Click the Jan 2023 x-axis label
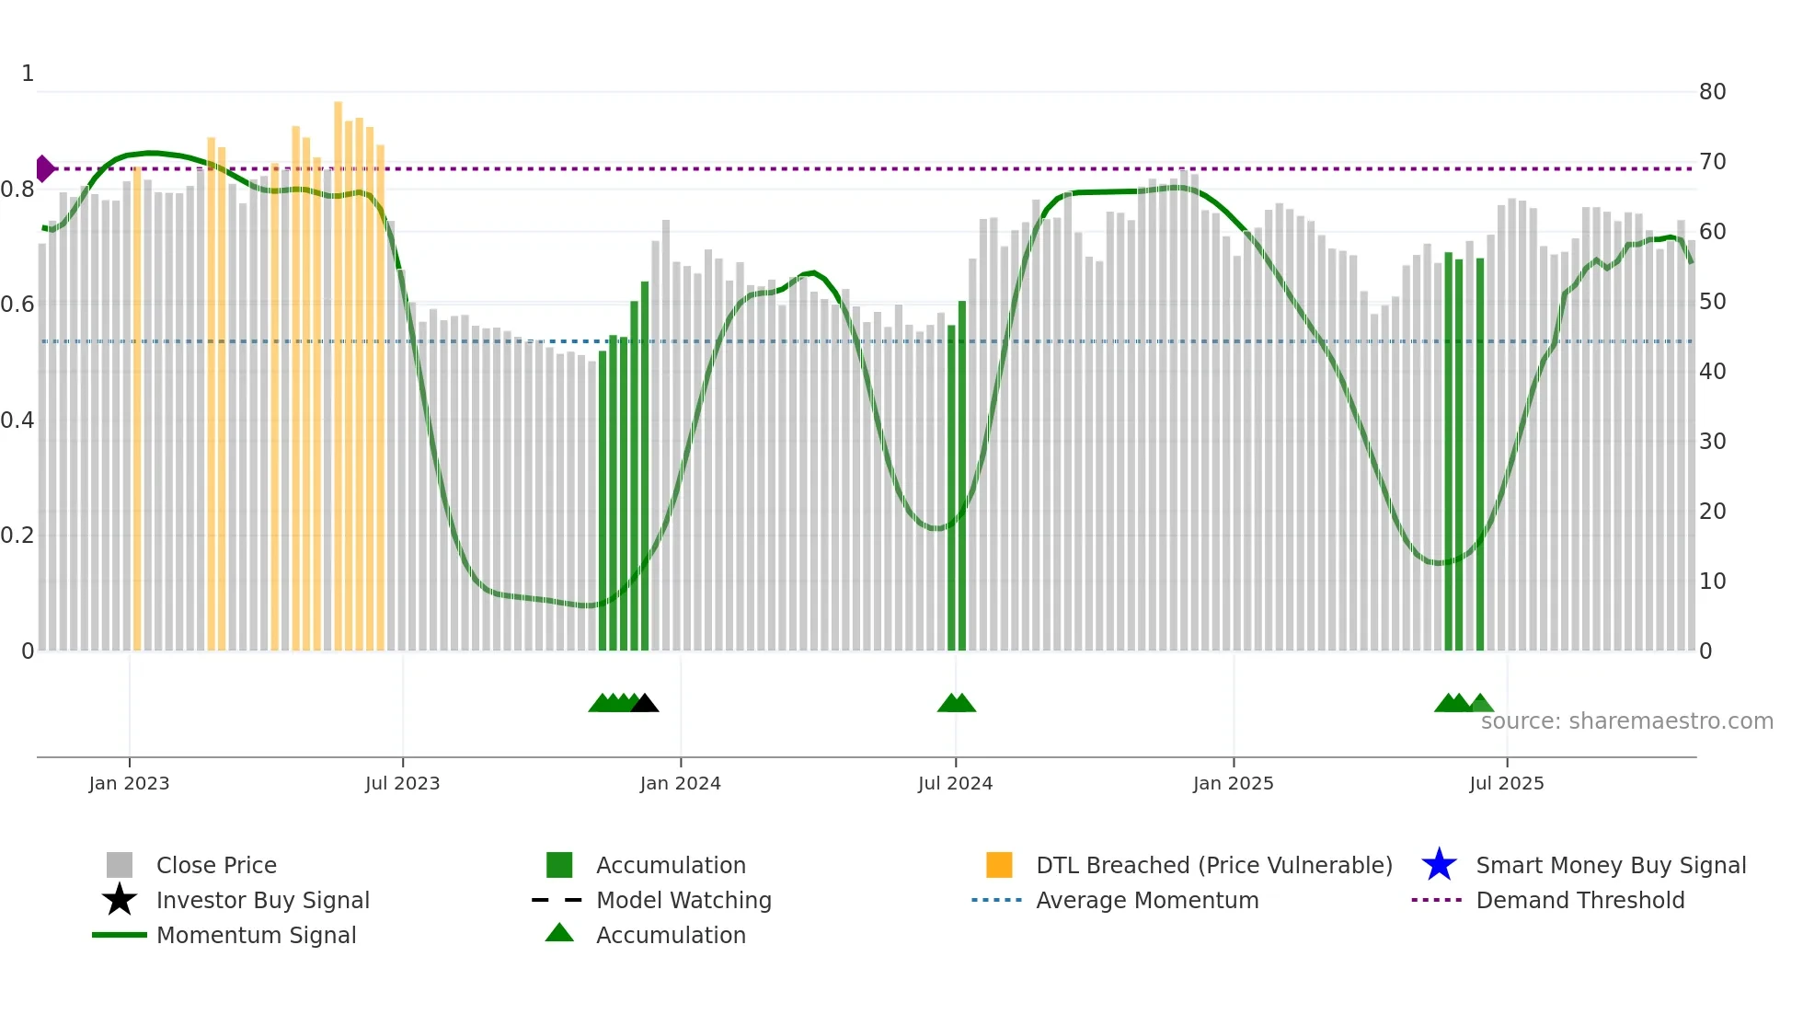tap(129, 783)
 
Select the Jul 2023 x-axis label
tap(402, 783)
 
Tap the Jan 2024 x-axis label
tap(680, 783)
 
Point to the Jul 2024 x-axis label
tap(955, 783)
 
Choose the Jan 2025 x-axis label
tap(1233, 783)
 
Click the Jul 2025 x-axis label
tap(1506, 783)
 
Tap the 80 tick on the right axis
tap(1712, 92)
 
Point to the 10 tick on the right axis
tap(1712, 582)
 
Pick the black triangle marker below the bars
tap(645, 704)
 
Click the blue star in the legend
tap(1439, 865)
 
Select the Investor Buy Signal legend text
tap(263, 900)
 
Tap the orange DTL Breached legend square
tap(999, 865)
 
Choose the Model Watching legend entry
tap(683, 900)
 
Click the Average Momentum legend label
tap(1147, 900)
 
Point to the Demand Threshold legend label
tap(1580, 900)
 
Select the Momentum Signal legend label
tap(256, 935)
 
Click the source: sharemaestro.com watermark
tap(1626, 721)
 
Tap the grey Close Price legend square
tap(120, 865)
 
